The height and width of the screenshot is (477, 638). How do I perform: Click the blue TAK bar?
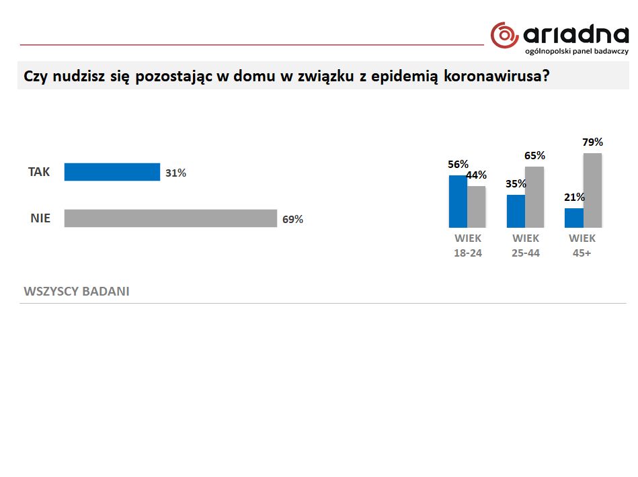click(x=112, y=173)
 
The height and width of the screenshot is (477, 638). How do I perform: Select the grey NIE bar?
click(x=170, y=218)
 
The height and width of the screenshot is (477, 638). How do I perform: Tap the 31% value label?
click(x=175, y=173)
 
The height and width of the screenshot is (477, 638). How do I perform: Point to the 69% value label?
click(x=292, y=219)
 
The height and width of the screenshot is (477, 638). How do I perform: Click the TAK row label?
click(x=39, y=172)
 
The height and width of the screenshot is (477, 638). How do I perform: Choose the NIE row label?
click(x=39, y=218)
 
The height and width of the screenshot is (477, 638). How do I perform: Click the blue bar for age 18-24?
click(x=458, y=201)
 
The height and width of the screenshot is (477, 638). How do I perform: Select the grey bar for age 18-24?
click(x=476, y=206)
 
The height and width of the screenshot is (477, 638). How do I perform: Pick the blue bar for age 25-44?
click(x=516, y=211)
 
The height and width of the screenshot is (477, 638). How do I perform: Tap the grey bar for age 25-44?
click(x=534, y=197)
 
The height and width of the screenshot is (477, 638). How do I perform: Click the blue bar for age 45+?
click(x=573, y=218)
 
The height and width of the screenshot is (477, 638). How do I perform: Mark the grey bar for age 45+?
click(x=592, y=190)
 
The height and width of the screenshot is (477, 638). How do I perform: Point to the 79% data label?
click(x=592, y=142)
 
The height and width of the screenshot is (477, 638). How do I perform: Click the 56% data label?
click(x=458, y=164)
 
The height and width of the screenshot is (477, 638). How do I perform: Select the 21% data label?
click(x=574, y=198)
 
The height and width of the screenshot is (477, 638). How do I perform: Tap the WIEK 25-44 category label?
click(x=526, y=246)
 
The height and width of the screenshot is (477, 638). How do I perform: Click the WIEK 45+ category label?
click(x=582, y=246)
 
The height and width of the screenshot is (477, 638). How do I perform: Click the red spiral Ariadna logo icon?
click(x=504, y=35)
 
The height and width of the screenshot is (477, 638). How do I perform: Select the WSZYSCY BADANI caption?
click(x=77, y=292)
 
